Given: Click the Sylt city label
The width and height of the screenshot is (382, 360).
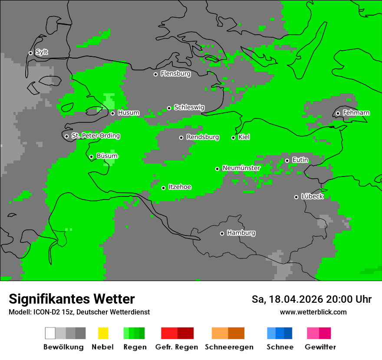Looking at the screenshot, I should tap(42, 52).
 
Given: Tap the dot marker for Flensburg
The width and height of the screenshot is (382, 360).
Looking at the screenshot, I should tap(155, 74).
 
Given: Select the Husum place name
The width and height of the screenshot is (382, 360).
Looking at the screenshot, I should tap(128, 113).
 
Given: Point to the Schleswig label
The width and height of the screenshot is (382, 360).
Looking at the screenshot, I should tap(189, 108).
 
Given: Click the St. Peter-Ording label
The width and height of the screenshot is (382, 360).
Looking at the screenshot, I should tap(95, 136).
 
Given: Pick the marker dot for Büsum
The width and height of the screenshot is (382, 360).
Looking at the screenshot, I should tap(91, 157).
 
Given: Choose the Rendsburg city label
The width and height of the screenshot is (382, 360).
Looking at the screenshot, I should tap(202, 137).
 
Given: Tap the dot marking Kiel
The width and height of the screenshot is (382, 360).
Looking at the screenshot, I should tap(233, 137).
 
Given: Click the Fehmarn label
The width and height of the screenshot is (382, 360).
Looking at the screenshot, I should tap(356, 113).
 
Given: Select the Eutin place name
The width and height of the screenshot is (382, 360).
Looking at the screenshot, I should tap(300, 160).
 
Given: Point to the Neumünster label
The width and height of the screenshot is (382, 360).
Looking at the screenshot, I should tap(241, 168).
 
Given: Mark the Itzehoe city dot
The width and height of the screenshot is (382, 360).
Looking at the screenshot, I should tap(163, 188).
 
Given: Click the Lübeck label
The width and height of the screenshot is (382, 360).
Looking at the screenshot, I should tap(312, 196).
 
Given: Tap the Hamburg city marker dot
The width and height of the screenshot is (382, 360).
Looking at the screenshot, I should tap(222, 233).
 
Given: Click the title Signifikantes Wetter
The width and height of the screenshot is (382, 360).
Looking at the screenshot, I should tap(72, 299).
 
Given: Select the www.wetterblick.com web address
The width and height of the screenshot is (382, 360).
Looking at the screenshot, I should tap(313, 312).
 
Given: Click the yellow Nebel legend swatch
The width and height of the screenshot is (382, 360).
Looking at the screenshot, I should tap(103, 333).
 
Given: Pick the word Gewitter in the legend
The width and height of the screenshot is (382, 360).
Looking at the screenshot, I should tap(320, 347).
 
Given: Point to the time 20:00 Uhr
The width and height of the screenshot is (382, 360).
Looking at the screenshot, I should tap(349, 299).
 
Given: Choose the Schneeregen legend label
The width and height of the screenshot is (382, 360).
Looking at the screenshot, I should tap(229, 347).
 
